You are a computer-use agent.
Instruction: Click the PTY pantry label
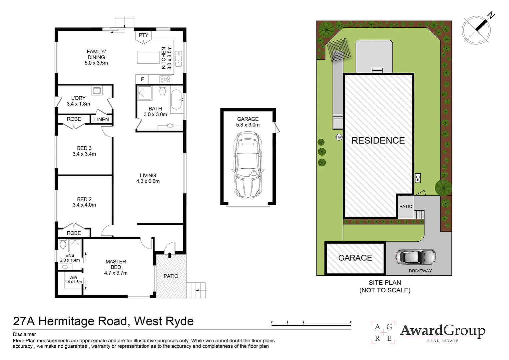pos(144,35)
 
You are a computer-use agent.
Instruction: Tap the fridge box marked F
pos(142,79)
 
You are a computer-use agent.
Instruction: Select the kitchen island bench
pos(148,57)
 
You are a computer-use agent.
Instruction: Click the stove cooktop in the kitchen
pos(165,79)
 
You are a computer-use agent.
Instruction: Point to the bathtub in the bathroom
pos(176,99)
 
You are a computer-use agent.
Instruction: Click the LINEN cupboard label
pos(101,119)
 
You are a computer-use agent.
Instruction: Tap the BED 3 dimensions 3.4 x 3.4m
pos(84,154)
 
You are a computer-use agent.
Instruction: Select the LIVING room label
pos(148,175)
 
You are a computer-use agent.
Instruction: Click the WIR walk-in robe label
pos(73,278)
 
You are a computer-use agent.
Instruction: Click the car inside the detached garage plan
pos(248,165)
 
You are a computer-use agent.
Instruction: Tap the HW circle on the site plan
pos(339,137)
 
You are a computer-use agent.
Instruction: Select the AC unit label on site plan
pos(418,178)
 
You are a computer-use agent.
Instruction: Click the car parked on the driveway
pos(415,257)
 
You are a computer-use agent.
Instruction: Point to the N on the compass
pos(491,15)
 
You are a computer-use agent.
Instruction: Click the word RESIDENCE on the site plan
pos(378,141)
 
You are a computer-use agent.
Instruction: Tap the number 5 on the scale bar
pos(351,322)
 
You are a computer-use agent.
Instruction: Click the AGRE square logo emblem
pos(383,332)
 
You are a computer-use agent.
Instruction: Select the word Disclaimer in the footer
pos(24,334)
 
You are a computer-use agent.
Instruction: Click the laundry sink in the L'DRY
pos(97,90)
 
